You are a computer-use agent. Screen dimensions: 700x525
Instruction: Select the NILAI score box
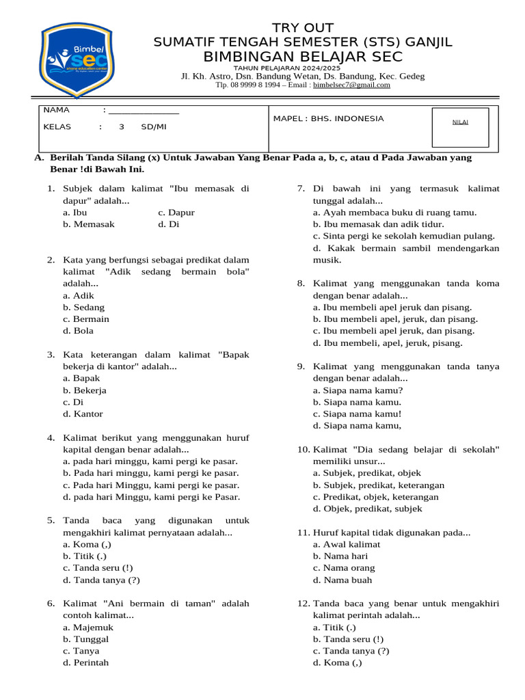coord(460,127)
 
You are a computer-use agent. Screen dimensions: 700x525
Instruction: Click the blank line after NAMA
coord(144,111)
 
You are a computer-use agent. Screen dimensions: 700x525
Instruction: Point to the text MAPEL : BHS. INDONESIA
coord(328,119)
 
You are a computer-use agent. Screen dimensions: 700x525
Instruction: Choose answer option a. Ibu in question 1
coord(75,213)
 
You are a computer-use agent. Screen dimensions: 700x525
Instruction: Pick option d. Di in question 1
coord(169,224)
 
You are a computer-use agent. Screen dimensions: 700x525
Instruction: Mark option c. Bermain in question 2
coord(86,319)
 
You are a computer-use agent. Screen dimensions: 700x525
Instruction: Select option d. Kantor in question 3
coord(83,414)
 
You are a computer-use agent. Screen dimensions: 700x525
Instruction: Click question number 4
coord(51,438)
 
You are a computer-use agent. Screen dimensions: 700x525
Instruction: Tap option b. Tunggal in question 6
coord(85,639)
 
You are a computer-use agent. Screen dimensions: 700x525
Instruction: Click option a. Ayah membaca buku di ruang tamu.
coord(394,213)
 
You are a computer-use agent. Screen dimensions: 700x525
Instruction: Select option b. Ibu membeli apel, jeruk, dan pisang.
coord(395,319)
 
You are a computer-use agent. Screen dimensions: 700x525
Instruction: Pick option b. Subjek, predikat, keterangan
coord(379,485)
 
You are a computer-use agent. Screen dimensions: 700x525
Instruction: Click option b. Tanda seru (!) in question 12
coord(348,639)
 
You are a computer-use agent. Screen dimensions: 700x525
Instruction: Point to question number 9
coord(301,366)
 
